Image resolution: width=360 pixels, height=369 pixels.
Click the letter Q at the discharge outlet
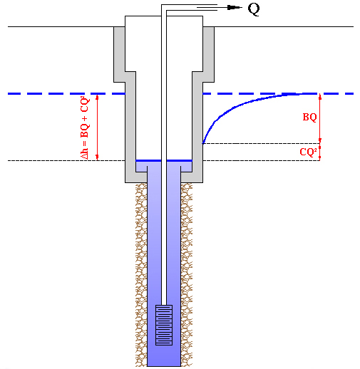(x=254, y=9)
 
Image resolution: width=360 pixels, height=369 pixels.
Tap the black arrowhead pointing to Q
(x=234, y=8)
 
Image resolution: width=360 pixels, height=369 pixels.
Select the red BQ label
(x=309, y=117)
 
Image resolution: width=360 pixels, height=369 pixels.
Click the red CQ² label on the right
(x=308, y=152)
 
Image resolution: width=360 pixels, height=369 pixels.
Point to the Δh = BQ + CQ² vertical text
(x=85, y=128)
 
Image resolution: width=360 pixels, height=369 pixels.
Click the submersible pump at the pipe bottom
(x=164, y=325)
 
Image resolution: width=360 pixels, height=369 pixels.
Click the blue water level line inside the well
(x=164, y=161)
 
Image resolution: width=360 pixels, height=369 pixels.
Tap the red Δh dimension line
(x=97, y=128)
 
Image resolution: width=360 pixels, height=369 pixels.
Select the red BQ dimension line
(x=320, y=118)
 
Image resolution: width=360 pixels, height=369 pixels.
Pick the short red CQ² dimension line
(x=320, y=152)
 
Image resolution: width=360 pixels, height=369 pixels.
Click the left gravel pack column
(x=141, y=274)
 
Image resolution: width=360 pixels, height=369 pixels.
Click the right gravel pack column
(x=187, y=274)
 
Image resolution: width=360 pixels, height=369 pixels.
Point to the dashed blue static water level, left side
(x=66, y=94)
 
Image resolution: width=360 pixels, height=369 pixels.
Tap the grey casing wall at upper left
(x=119, y=54)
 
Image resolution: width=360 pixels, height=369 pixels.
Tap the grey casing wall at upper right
(x=209, y=54)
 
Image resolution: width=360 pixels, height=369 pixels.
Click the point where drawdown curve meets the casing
(x=202, y=143)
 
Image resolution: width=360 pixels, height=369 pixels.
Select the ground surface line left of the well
(x=61, y=26)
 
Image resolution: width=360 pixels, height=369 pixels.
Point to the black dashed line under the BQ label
(x=261, y=143)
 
